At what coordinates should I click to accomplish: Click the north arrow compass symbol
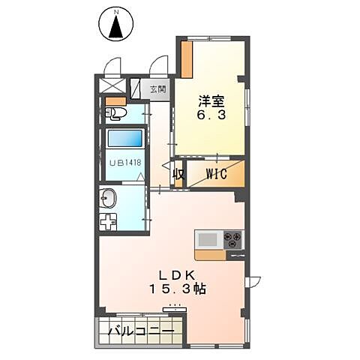(x=116, y=24)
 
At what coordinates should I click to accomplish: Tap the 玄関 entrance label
(x=158, y=89)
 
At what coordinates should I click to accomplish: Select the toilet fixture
(x=115, y=114)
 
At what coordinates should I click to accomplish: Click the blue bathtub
(x=125, y=138)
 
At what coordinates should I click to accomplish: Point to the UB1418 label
(x=126, y=163)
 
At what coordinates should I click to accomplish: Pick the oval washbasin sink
(x=108, y=198)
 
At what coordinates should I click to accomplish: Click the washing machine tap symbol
(x=108, y=222)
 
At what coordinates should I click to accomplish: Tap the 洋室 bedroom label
(x=211, y=101)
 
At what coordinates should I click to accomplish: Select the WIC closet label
(x=217, y=174)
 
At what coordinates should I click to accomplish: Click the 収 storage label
(x=178, y=174)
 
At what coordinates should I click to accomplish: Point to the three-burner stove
(x=233, y=240)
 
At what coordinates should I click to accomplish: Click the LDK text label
(x=177, y=275)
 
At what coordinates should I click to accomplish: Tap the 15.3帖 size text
(x=178, y=289)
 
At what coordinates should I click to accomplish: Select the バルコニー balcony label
(x=141, y=331)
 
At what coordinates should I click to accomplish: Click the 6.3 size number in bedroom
(x=211, y=115)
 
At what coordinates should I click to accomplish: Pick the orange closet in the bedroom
(x=187, y=59)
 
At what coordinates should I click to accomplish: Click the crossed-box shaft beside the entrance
(x=112, y=85)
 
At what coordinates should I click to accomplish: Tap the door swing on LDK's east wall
(x=253, y=282)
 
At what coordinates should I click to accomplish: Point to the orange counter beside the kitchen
(x=210, y=255)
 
